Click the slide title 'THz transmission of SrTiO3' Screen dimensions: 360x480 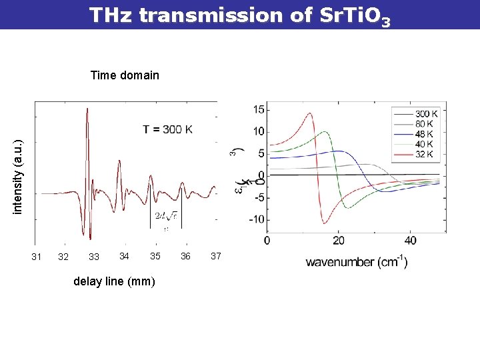(239, 15)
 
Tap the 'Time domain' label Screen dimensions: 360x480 (125, 75)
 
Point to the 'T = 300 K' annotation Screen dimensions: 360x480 (171, 129)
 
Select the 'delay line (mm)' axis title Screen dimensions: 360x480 (114, 281)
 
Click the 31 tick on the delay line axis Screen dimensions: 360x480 (37, 257)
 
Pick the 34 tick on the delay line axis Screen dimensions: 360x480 (124, 256)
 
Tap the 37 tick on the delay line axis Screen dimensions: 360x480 (215, 256)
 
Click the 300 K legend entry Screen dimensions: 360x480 (425, 114)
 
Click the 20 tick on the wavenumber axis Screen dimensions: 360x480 (339, 240)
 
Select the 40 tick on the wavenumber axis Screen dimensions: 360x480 (410, 240)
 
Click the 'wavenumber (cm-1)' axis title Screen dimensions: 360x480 (357, 262)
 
